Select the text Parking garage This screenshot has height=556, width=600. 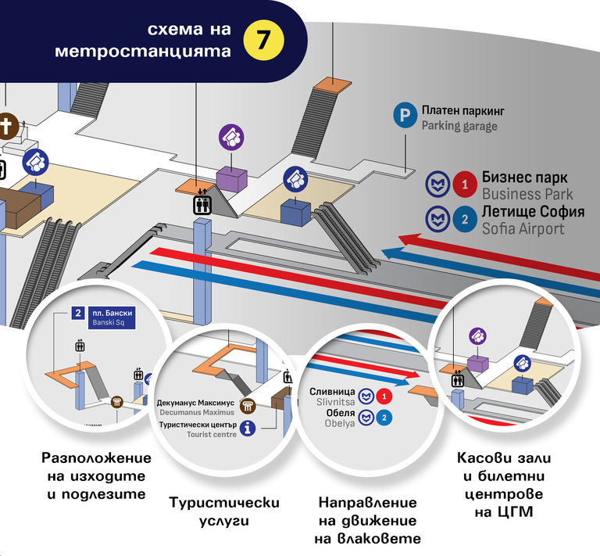coord(459,126)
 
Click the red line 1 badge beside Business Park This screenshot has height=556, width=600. coord(465,185)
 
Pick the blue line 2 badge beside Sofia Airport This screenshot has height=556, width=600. coord(465,220)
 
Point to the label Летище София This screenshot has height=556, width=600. coord(524,212)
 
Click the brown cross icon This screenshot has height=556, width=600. coord(8,125)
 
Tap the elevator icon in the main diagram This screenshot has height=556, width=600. coord(202,204)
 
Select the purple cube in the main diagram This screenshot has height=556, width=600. coord(230,178)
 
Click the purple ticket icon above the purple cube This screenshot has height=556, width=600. coord(231,137)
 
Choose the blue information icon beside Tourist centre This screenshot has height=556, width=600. coord(248,428)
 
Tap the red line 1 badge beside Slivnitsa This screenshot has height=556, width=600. coord(384,396)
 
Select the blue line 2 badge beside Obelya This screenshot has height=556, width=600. coord(384,418)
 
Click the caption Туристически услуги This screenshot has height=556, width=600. coord(224,511)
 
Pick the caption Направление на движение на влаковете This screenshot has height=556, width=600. coord(366,520)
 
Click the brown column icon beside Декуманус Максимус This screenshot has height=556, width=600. coord(248,406)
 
